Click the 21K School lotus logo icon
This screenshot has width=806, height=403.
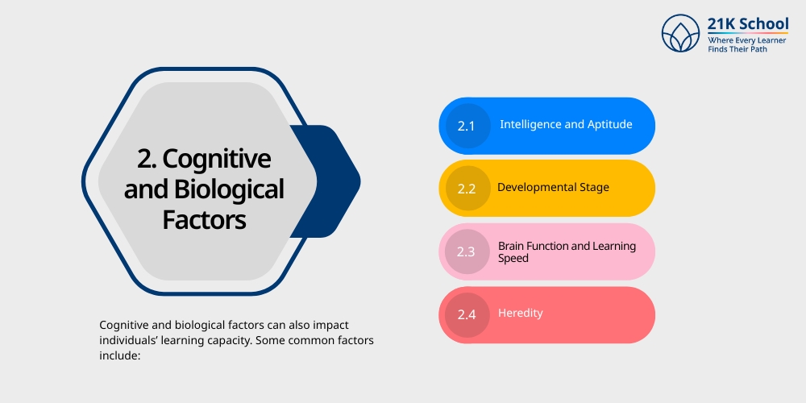click(681, 33)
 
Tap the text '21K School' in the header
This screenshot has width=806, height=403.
click(748, 23)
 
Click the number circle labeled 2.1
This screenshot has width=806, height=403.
click(467, 126)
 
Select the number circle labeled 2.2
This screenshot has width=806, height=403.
click(467, 189)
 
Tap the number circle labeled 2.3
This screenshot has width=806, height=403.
click(467, 252)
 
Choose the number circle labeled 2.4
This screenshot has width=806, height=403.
click(467, 315)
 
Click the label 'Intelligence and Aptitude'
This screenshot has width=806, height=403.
click(566, 125)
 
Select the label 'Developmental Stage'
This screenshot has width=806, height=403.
click(553, 188)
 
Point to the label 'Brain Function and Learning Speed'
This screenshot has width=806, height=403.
click(567, 251)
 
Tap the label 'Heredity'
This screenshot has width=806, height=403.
click(520, 313)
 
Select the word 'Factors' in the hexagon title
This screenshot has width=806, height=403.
click(204, 219)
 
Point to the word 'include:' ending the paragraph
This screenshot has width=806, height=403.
click(120, 355)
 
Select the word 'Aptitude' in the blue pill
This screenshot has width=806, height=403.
click(609, 125)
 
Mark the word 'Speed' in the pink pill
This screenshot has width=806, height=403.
click(513, 259)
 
